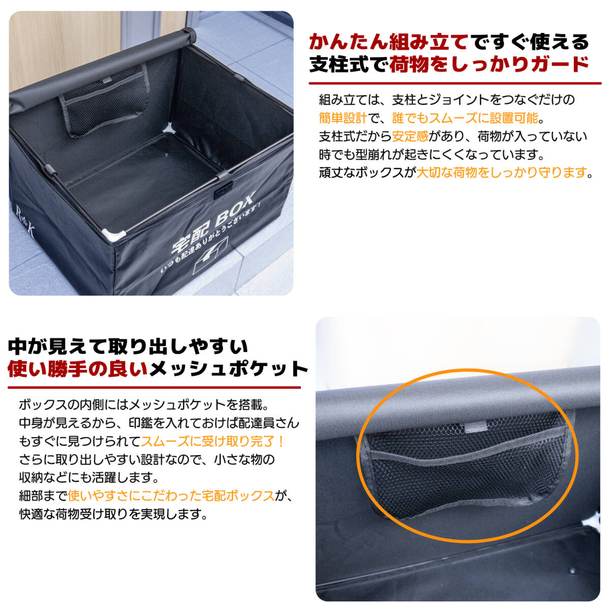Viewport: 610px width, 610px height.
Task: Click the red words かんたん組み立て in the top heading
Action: coord(388,42)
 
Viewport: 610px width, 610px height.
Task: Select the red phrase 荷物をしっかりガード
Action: coord(489,65)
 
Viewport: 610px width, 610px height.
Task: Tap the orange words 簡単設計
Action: coord(343,118)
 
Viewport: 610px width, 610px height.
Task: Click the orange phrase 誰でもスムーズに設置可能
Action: coord(465,118)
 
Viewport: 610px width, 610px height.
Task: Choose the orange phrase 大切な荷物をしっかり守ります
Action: coord(501,172)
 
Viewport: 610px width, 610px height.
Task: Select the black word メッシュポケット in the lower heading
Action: coord(229,369)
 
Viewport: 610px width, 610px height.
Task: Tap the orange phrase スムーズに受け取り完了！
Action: coord(212,441)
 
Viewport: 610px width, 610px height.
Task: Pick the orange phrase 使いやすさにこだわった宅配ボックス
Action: coord(171,495)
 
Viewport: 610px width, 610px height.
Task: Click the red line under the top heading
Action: coord(455,83)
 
